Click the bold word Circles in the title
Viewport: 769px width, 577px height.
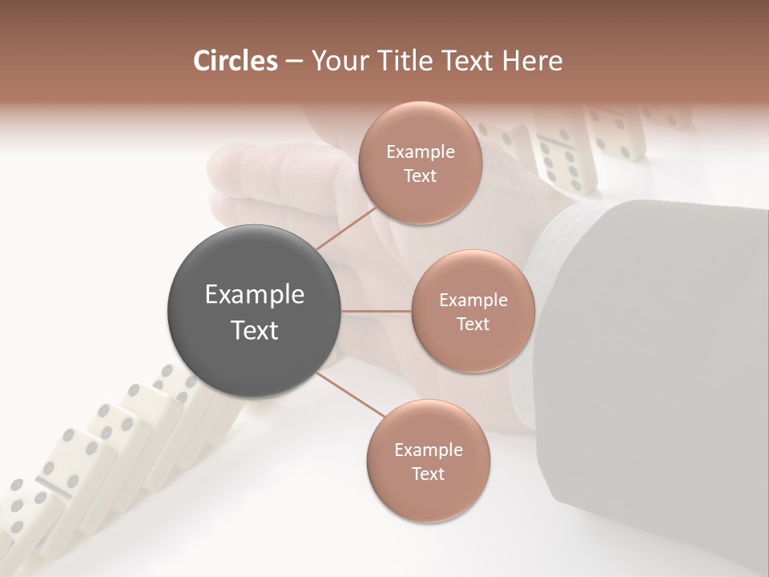[x=236, y=61]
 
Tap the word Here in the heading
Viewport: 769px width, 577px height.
[x=533, y=61]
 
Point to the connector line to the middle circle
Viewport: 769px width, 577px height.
[x=376, y=311]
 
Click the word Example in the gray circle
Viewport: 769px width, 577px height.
[x=255, y=295]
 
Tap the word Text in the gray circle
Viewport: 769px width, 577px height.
[x=255, y=330]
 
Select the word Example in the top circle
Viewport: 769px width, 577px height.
[x=421, y=151]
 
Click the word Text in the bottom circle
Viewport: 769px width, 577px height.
[x=428, y=474]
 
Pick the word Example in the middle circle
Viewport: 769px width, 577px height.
[x=473, y=301]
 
